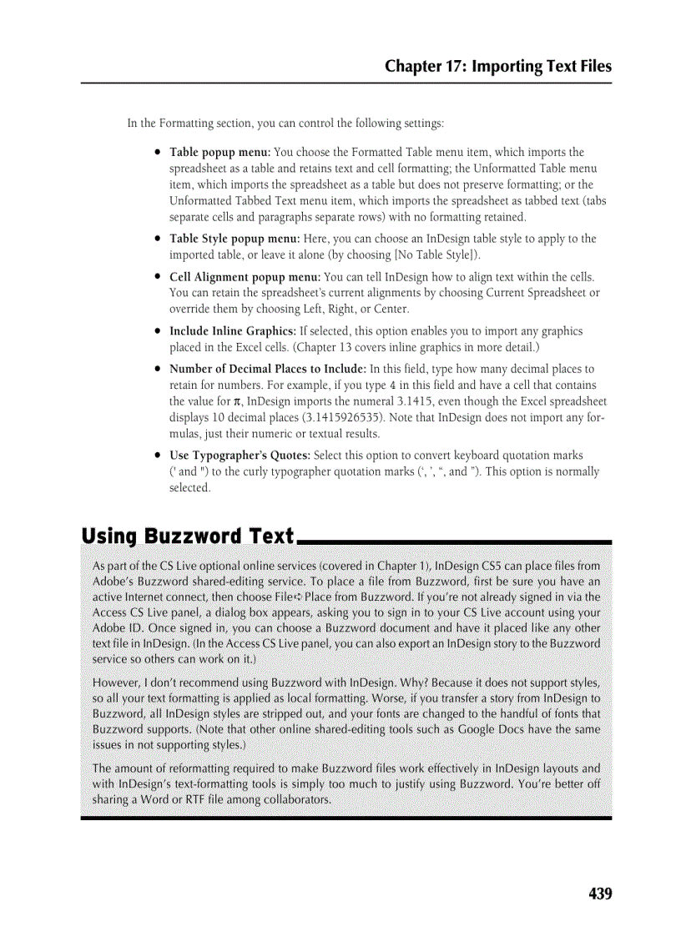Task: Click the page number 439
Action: coord(600,894)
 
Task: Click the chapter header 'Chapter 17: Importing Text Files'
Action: coord(497,67)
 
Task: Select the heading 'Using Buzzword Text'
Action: coord(188,536)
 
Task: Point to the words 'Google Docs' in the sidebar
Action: coord(487,729)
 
